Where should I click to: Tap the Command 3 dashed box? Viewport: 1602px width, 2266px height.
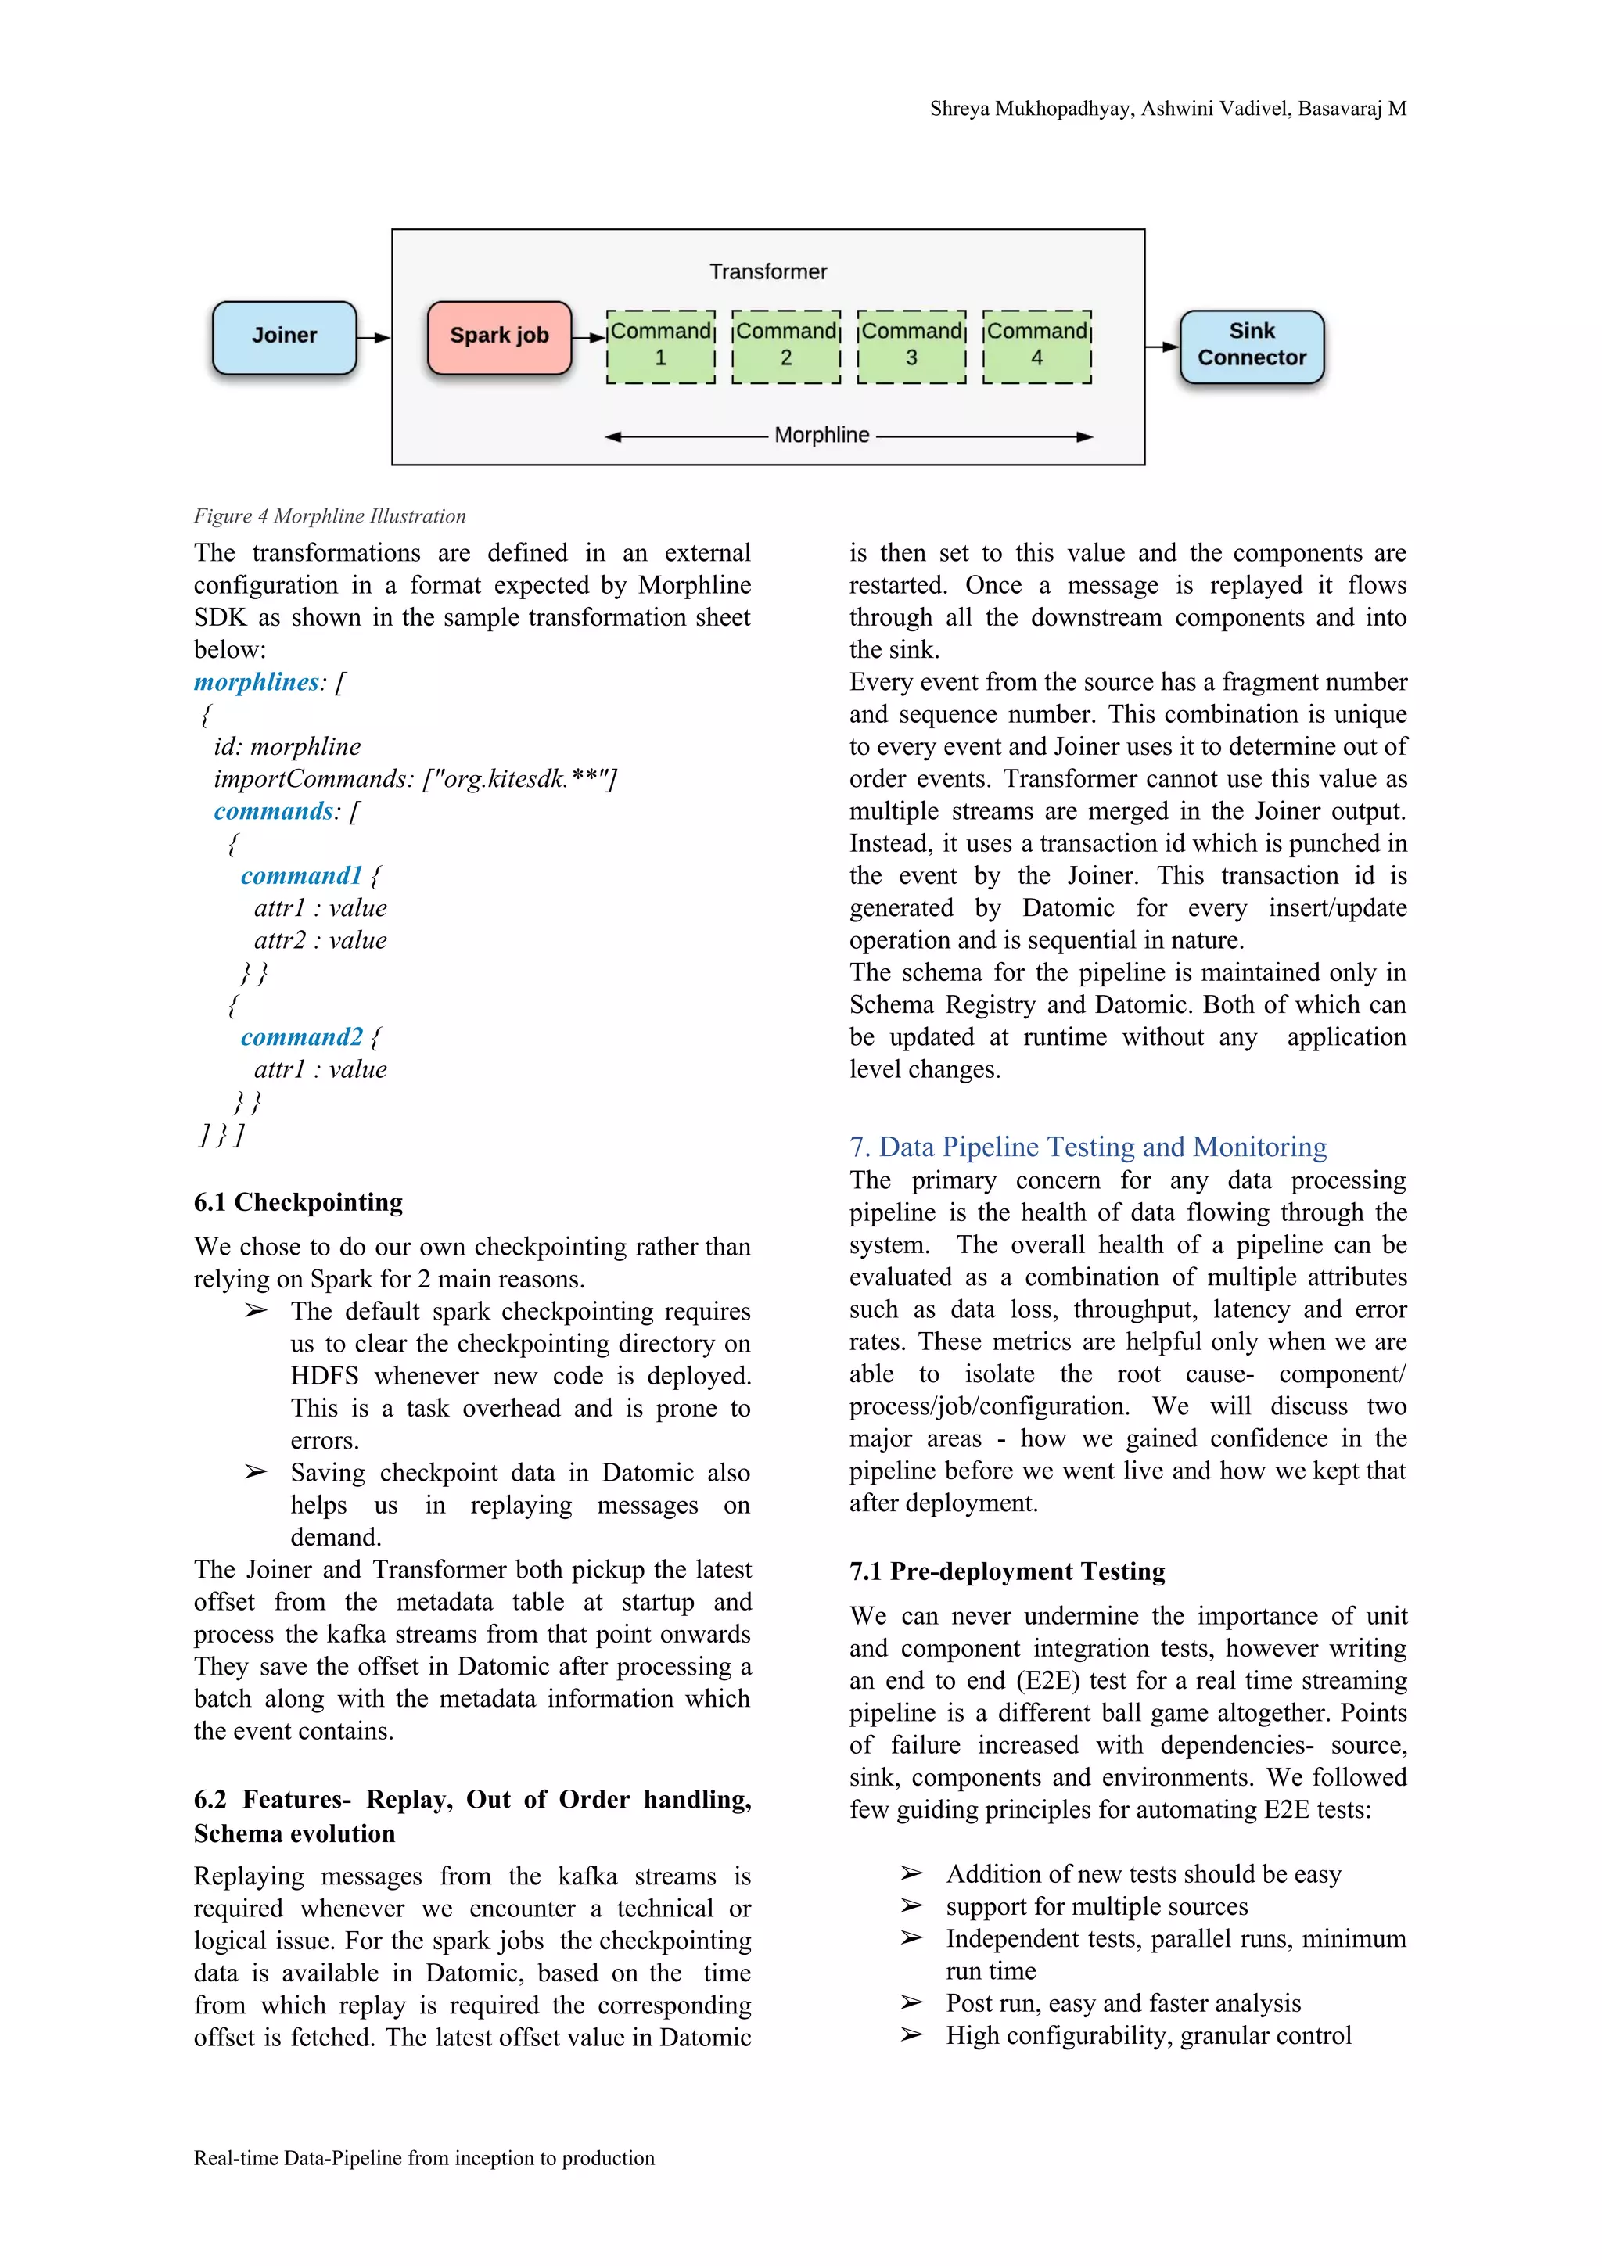point(911,347)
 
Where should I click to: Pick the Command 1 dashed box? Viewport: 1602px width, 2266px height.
point(660,347)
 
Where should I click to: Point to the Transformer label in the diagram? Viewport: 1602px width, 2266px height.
point(768,271)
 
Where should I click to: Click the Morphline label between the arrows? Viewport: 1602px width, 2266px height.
point(821,435)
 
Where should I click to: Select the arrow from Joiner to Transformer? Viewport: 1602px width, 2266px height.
point(373,338)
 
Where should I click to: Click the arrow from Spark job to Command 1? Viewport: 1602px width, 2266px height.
point(589,338)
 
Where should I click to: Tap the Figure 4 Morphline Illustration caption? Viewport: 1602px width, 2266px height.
point(329,516)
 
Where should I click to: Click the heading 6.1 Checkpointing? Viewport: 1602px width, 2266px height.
point(298,1202)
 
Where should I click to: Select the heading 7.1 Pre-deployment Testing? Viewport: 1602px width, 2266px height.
point(1007,1571)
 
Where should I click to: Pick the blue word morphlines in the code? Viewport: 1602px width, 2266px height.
point(257,682)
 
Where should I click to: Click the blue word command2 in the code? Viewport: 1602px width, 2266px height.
point(301,1037)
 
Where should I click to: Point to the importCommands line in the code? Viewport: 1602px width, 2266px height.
point(415,779)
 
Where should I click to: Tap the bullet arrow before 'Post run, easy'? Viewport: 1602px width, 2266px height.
point(911,2002)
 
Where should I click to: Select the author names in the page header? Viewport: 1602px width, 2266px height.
point(1168,110)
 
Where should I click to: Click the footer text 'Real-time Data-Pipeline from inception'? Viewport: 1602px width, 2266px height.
point(423,2158)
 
